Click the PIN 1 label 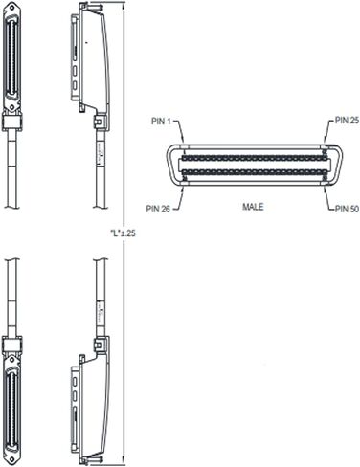[x=162, y=122]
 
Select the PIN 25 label [x=347, y=121]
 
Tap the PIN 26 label [x=158, y=209]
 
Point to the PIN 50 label [x=347, y=209]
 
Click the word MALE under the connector [x=253, y=207]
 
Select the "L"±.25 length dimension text [x=123, y=233]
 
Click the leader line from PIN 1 [x=180, y=131]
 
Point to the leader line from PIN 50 [x=328, y=198]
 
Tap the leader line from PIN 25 [x=329, y=130]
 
